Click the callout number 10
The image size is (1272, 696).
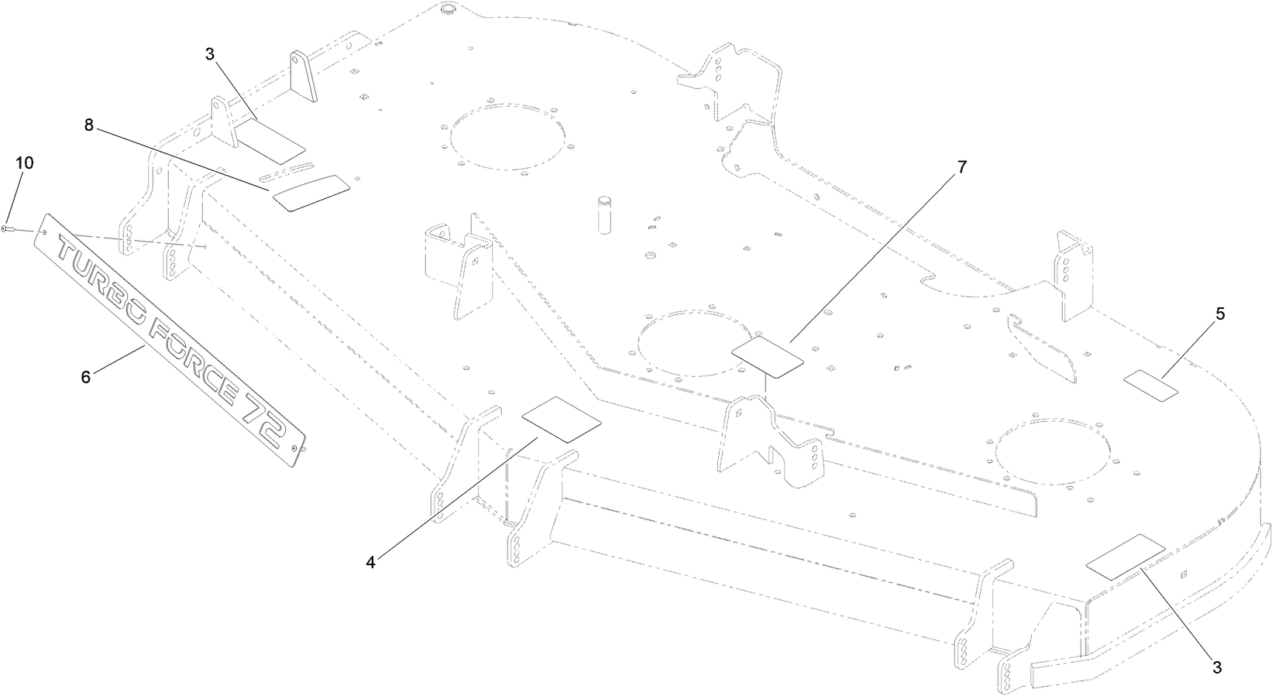[x=25, y=163]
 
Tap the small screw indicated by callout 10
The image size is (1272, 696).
[x=9, y=228]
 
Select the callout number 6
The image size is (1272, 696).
[x=86, y=377]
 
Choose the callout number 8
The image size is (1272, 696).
[x=88, y=125]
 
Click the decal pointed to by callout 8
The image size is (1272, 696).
[x=311, y=194]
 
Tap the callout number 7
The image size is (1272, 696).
[x=961, y=167]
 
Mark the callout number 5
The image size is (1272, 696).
[x=1219, y=314]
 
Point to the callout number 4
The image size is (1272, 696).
[x=370, y=563]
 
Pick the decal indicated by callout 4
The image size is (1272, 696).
[x=561, y=420]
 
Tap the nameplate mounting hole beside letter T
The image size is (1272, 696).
[x=45, y=231]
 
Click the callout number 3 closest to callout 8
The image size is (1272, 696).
[x=209, y=54]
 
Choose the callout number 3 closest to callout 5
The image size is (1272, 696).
[x=1217, y=667]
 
